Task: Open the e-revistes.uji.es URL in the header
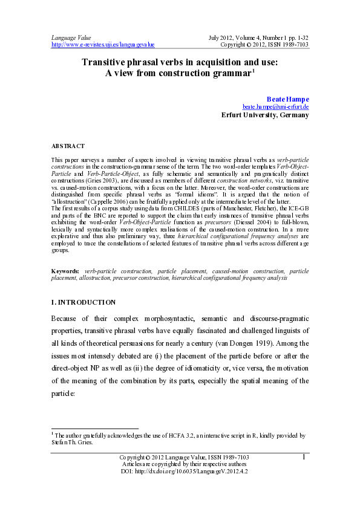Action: [103, 44]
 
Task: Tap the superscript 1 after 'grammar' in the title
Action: [254, 71]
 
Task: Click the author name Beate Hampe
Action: [287, 98]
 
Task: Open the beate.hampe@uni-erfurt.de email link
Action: [276, 106]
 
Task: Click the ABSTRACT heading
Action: [68, 146]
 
